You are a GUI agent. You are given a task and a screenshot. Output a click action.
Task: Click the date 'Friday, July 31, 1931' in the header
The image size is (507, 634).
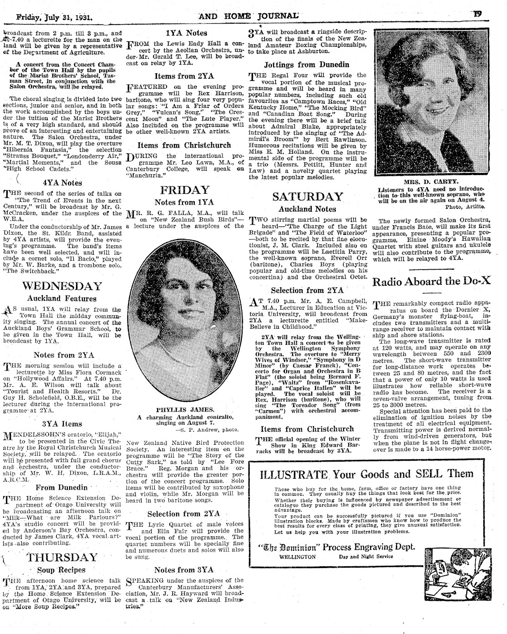(x=55, y=19)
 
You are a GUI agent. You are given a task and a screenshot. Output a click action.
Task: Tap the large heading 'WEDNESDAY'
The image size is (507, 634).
(x=62, y=286)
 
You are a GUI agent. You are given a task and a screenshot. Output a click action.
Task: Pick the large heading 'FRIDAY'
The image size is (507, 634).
(x=185, y=190)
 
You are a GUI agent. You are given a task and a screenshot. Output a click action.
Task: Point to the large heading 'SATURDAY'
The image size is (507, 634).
(x=307, y=196)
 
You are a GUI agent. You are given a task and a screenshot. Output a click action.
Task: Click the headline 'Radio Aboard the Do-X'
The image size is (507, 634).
(x=431, y=281)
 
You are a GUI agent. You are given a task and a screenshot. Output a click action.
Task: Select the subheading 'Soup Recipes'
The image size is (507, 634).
(x=61, y=570)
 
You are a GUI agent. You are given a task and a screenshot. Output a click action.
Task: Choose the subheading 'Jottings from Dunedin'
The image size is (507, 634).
(x=307, y=65)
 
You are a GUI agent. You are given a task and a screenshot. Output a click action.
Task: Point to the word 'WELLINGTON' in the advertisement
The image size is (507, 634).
(x=297, y=557)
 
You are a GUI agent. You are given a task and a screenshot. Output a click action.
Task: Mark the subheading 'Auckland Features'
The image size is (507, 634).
(x=62, y=299)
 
